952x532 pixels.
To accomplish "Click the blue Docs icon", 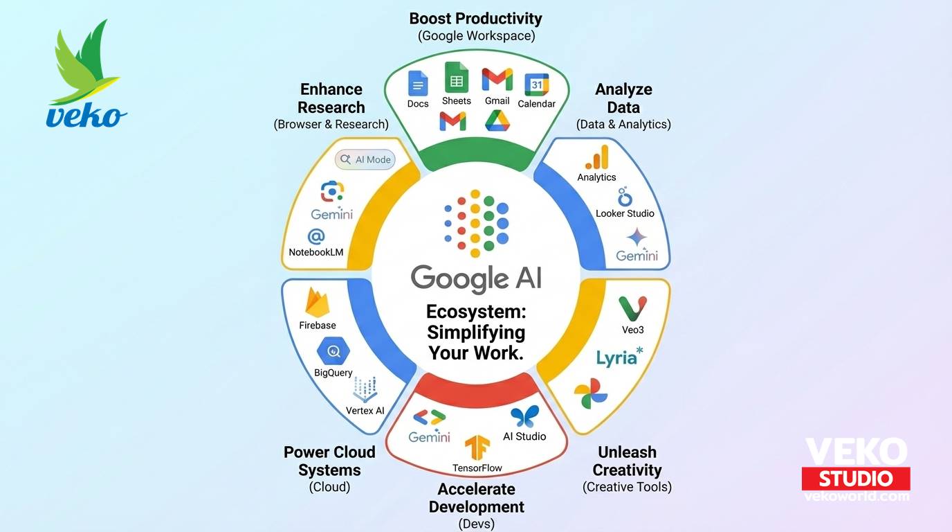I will [x=418, y=84].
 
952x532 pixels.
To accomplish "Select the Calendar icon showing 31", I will [x=536, y=85].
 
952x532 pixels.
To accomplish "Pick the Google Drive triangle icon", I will [x=497, y=121].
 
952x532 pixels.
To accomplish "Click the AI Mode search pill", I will [x=365, y=159].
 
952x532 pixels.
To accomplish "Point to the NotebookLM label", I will [x=316, y=252].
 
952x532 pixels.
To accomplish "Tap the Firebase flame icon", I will [x=317, y=303].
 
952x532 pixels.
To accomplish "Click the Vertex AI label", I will [x=365, y=411].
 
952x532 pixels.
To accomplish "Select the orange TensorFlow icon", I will [x=477, y=448].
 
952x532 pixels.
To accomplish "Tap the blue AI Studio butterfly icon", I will [x=524, y=417].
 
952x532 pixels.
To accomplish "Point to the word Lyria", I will [x=616, y=358].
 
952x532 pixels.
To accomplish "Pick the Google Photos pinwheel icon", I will [x=591, y=394].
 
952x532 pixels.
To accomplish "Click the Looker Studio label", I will [x=625, y=213].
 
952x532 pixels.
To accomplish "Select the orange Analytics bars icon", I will [x=597, y=157].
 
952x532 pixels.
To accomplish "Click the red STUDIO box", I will [x=856, y=478].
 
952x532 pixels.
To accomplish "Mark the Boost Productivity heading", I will [x=476, y=19].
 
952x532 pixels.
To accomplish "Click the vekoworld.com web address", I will [x=856, y=496].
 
